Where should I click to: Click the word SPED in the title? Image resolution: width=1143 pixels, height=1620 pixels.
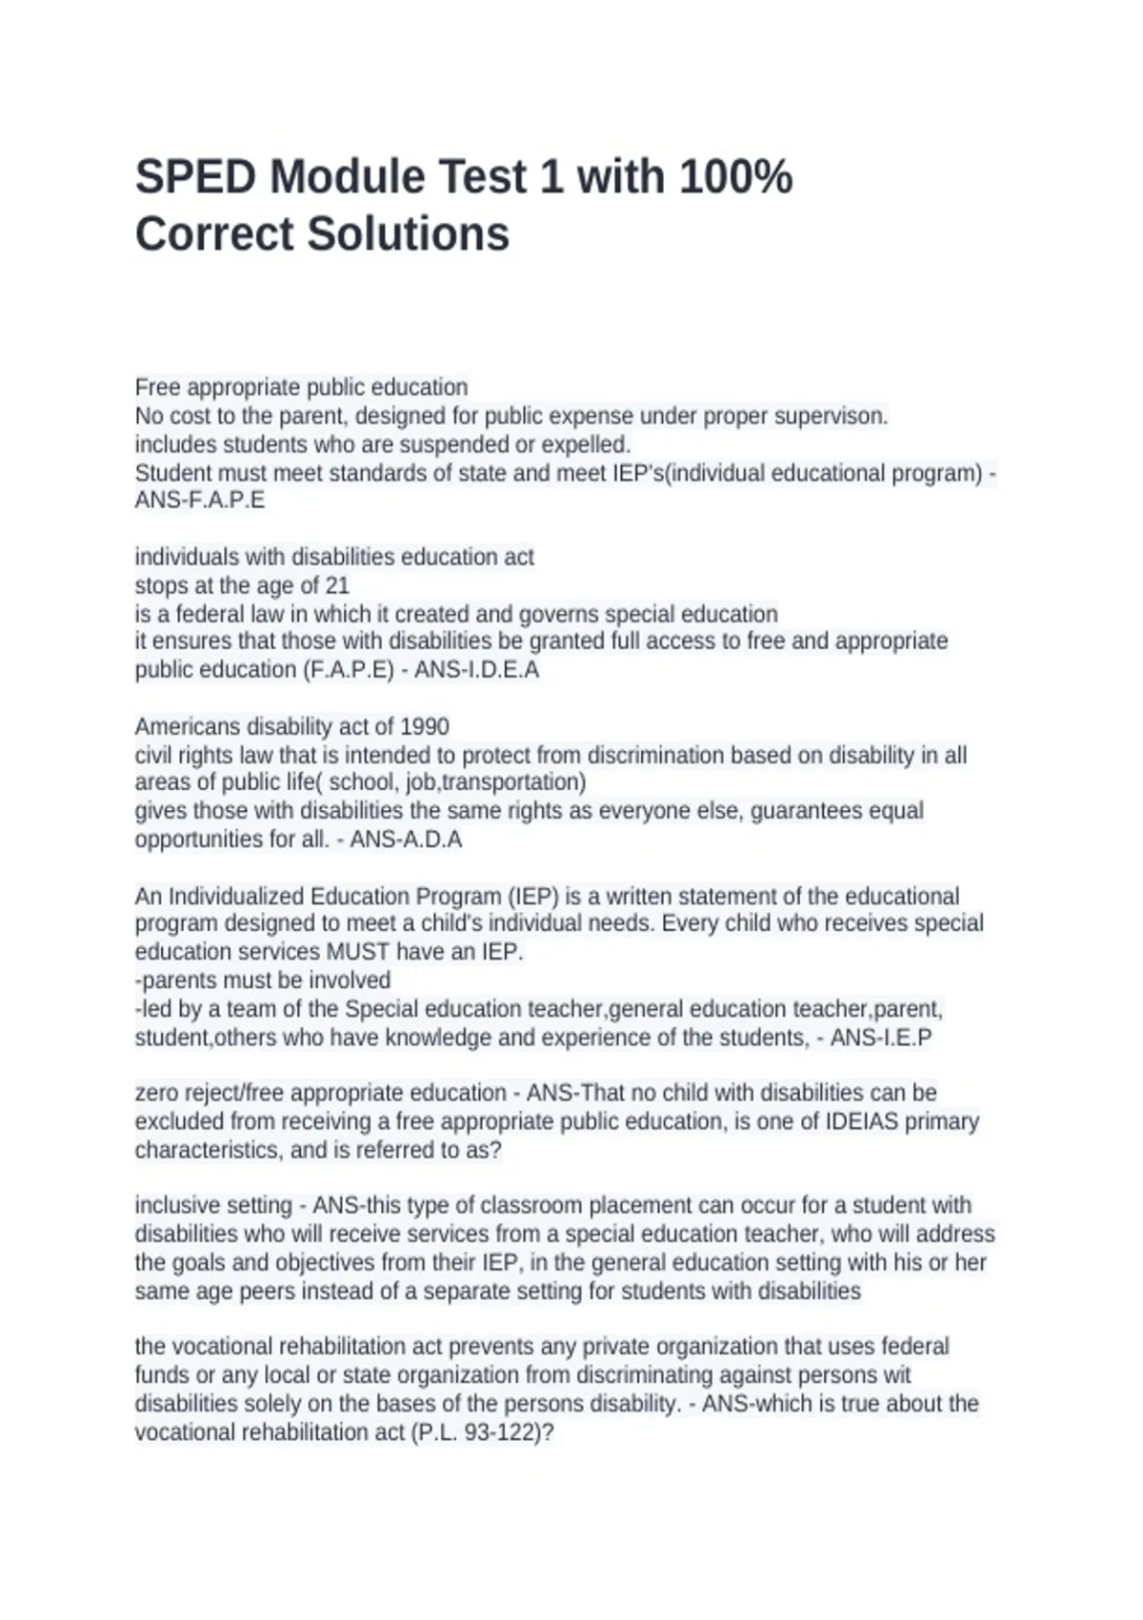pos(195,177)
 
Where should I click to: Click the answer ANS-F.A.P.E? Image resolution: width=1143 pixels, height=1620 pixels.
pos(200,500)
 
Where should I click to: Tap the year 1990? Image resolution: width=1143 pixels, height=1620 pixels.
pos(424,727)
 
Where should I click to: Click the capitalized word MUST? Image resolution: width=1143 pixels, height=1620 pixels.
pos(358,952)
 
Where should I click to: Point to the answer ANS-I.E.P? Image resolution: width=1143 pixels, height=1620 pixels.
pos(881,1038)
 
